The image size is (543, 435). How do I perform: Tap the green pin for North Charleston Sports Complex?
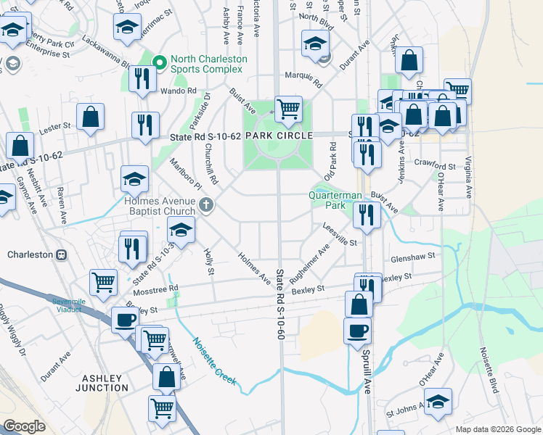point(160,62)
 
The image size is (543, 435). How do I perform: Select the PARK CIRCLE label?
point(279,136)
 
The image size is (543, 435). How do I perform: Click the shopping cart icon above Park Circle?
point(288,109)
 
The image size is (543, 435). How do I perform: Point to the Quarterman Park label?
point(335,200)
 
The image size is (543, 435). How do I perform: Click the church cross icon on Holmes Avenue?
point(206,205)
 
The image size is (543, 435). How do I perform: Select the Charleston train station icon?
point(62,254)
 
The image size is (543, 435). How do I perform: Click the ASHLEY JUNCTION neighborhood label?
point(105,383)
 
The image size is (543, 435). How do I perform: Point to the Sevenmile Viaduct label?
point(71,304)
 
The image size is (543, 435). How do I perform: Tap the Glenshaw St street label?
point(412,256)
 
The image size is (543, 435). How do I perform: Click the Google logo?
point(25,426)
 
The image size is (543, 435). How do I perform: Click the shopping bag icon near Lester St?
point(91,117)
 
